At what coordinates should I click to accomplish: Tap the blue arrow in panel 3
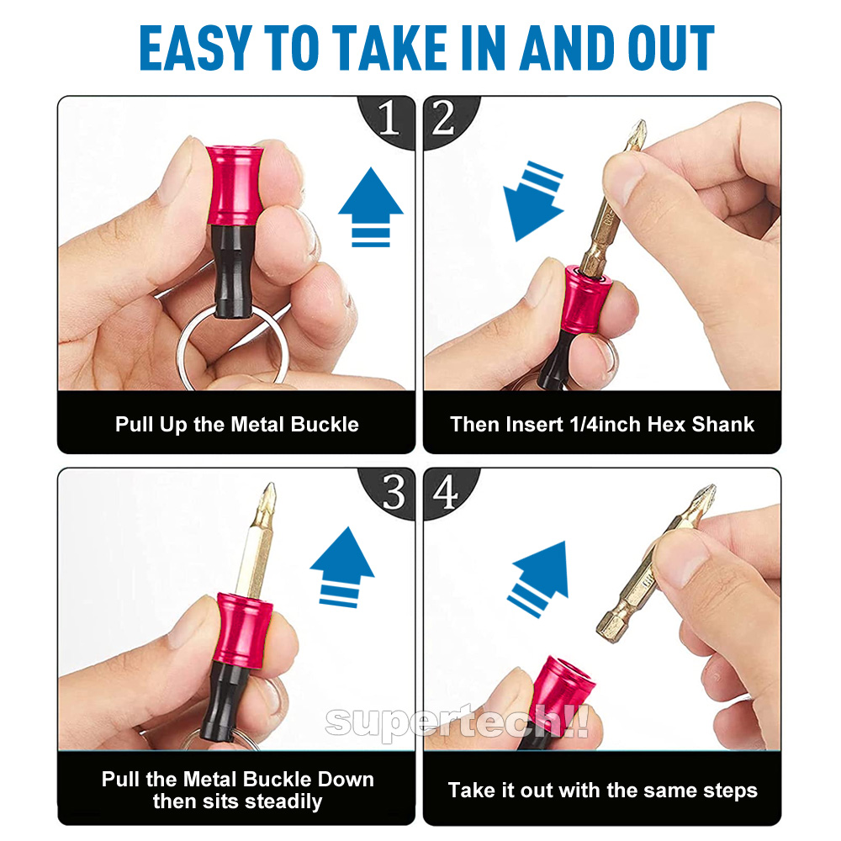coord(342,567)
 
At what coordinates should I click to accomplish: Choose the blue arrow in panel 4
coord(538,579)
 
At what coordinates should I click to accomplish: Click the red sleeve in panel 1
coord(235,185)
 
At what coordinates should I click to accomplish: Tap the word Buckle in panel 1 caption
coord(324,424)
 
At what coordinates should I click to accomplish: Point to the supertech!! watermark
coord(457,722)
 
